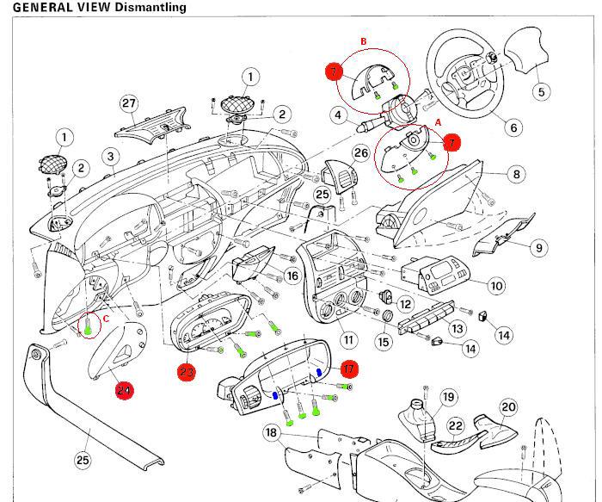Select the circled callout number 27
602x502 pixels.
[x=129, y=104]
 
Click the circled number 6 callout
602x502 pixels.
[x=513, y=127]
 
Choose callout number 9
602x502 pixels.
[x=538, y=248]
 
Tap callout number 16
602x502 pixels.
[x=292, y=276]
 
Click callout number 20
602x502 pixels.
[x=508, y=406]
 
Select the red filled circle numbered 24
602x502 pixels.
[x=126, y=390]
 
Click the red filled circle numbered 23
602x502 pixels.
[x=187, y=372]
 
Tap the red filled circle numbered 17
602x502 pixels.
[x=348, y=369]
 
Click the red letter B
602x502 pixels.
[x=363, y=40]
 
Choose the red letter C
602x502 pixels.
[x=106, y=317]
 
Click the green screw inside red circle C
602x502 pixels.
[x=89, y=327]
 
